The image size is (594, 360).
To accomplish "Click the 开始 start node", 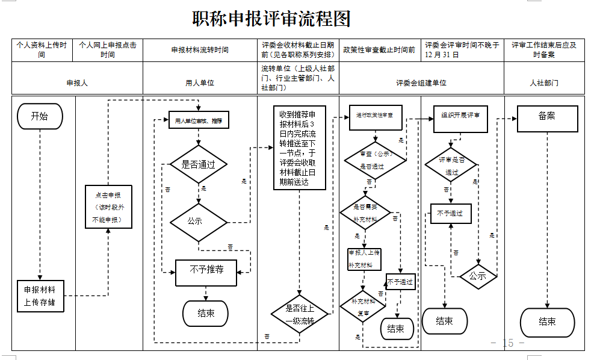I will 40,116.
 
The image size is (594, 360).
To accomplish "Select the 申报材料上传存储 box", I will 40,295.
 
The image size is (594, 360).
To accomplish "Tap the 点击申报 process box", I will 108,207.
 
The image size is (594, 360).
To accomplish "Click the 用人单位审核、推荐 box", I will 199,120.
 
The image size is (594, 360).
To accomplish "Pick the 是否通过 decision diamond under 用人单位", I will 199,164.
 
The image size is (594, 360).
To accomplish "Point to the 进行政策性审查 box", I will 375,117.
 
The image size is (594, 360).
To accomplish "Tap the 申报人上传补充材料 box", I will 364,258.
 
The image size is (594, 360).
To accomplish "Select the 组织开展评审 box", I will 460,119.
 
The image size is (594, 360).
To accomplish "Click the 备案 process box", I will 547,119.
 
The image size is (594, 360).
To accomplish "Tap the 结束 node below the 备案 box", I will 547,322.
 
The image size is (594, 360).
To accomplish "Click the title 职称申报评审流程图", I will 271,19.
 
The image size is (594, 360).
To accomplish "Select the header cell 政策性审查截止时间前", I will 379,50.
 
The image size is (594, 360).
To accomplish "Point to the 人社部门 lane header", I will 544,82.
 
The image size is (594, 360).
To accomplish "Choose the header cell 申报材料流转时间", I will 200,50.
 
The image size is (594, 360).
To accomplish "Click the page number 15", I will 507,343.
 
